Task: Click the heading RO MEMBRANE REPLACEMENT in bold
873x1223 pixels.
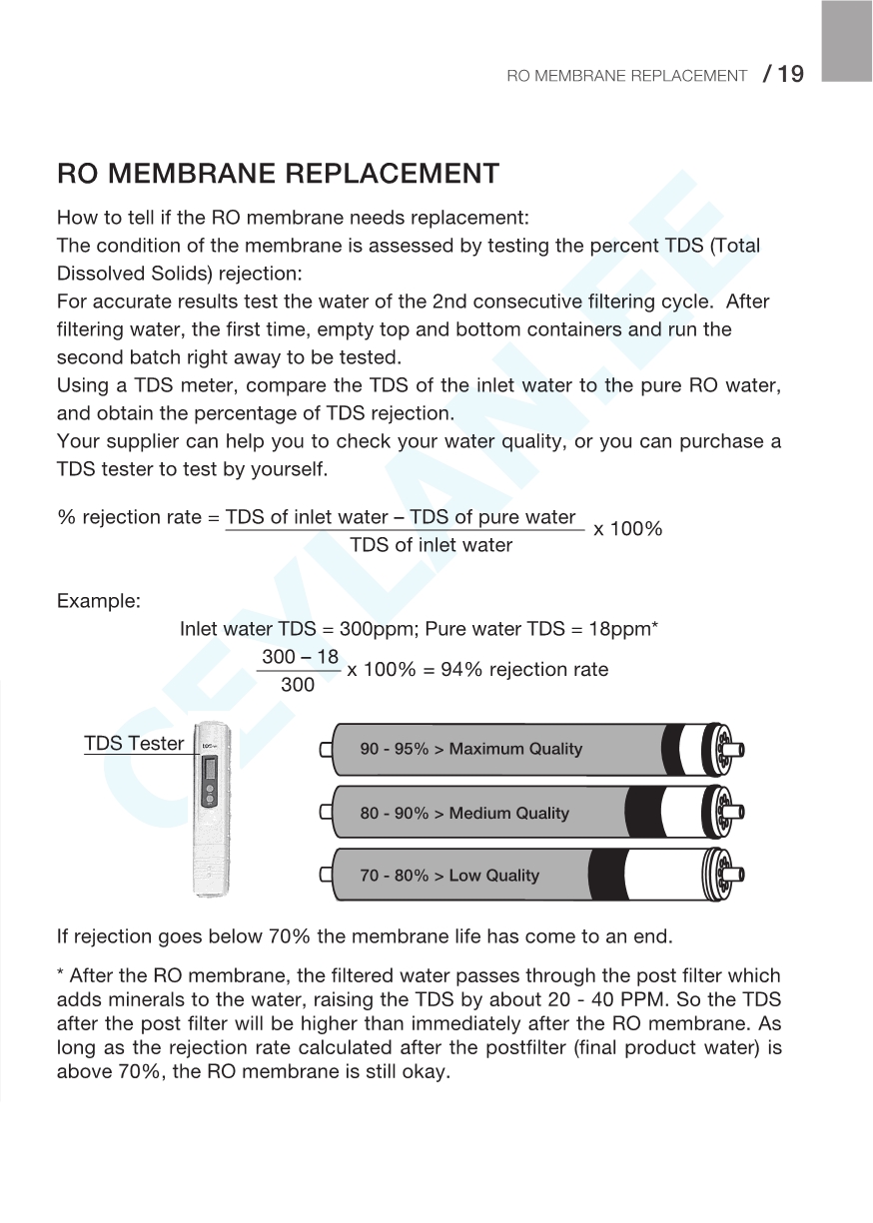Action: click(x=278, y=174)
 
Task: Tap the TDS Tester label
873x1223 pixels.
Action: click(x=134, y=744)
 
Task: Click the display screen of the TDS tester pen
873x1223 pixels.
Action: click(x=209, y=770)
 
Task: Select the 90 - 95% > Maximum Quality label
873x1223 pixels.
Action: click(x=470, y=750)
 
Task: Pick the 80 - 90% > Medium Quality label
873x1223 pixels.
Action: click(x=464, y=814)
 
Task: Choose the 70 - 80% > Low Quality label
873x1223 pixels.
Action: click(x=449, y=876)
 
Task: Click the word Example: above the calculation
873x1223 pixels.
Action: click(x=99, y=602)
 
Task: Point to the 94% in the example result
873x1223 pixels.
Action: click(x=461, y=670)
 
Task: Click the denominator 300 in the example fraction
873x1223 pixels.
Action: click(x=298, y=685)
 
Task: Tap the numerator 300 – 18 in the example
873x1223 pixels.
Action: click(x=300, y=657)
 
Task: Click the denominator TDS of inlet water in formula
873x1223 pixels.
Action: click(x=431, y=545)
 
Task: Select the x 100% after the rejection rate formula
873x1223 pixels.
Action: click(x=628, y=529)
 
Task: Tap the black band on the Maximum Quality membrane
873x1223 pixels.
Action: click(x=688, y=749)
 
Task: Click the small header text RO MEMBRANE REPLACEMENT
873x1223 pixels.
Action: click(x=626, y=76)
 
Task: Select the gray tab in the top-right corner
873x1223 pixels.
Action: click(x=847, y=40)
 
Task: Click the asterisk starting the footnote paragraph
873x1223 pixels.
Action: click(x=61, y=975)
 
